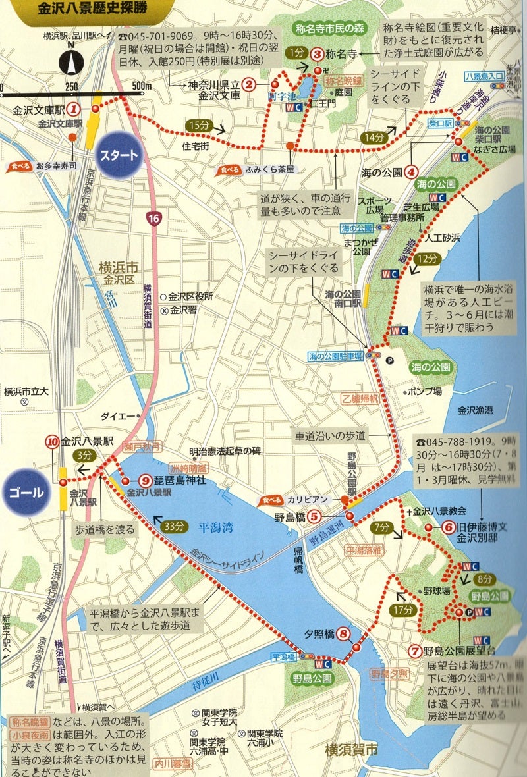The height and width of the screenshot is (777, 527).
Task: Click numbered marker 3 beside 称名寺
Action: [x=317, y=55]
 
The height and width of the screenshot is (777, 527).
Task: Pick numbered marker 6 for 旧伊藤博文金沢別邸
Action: [x=448, y=527]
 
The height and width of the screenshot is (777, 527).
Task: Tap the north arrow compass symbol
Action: [x=70, y=62]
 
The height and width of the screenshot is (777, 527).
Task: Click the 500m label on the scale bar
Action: [x=142, y=86]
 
